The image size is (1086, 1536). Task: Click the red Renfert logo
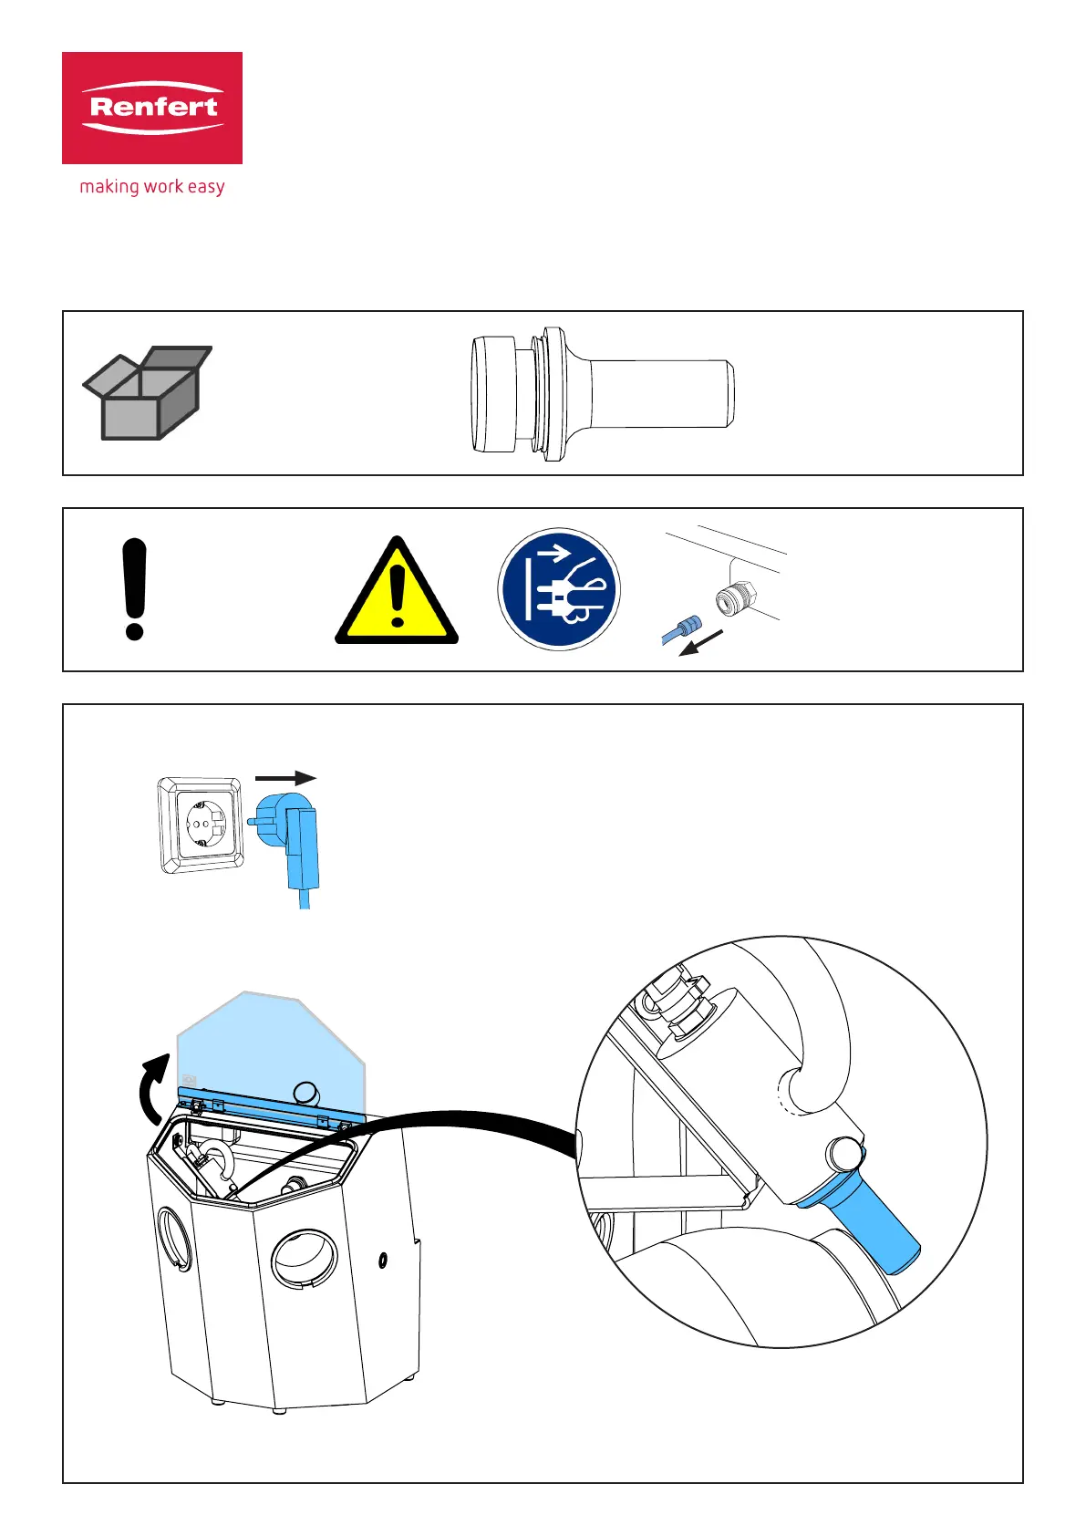point(152,108)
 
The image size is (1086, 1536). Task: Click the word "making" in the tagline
point(109,187)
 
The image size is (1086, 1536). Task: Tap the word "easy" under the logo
point(206,187)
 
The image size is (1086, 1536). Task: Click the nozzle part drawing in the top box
point(602,394)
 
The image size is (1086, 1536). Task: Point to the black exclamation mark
point(134,589)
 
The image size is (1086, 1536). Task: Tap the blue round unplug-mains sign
point(559,589)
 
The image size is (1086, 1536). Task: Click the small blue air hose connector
point(681,629)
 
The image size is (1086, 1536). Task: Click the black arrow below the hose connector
point(702,642)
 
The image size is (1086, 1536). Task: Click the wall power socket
point(202,825)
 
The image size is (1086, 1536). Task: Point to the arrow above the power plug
point(285,778)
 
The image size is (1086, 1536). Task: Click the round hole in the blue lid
point(306,1092)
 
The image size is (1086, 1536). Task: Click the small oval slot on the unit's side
point(383,1261)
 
